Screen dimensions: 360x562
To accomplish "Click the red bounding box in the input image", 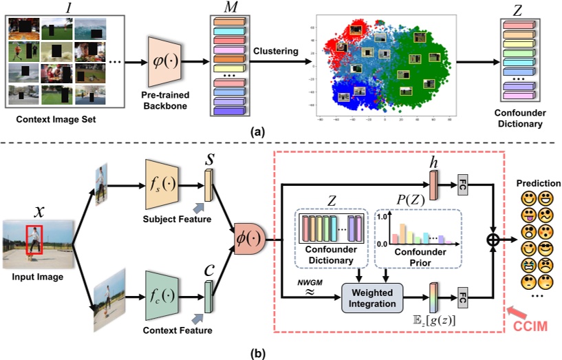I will (x=34, y=242).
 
